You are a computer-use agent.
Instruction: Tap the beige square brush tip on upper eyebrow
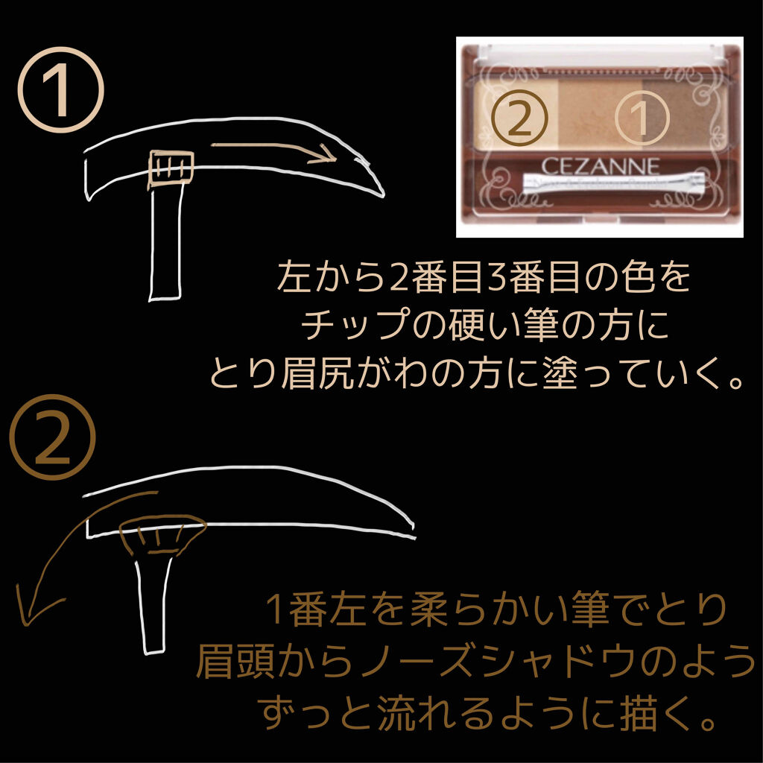[171, 166]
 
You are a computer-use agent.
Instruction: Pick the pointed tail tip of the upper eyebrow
[381, 195]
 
